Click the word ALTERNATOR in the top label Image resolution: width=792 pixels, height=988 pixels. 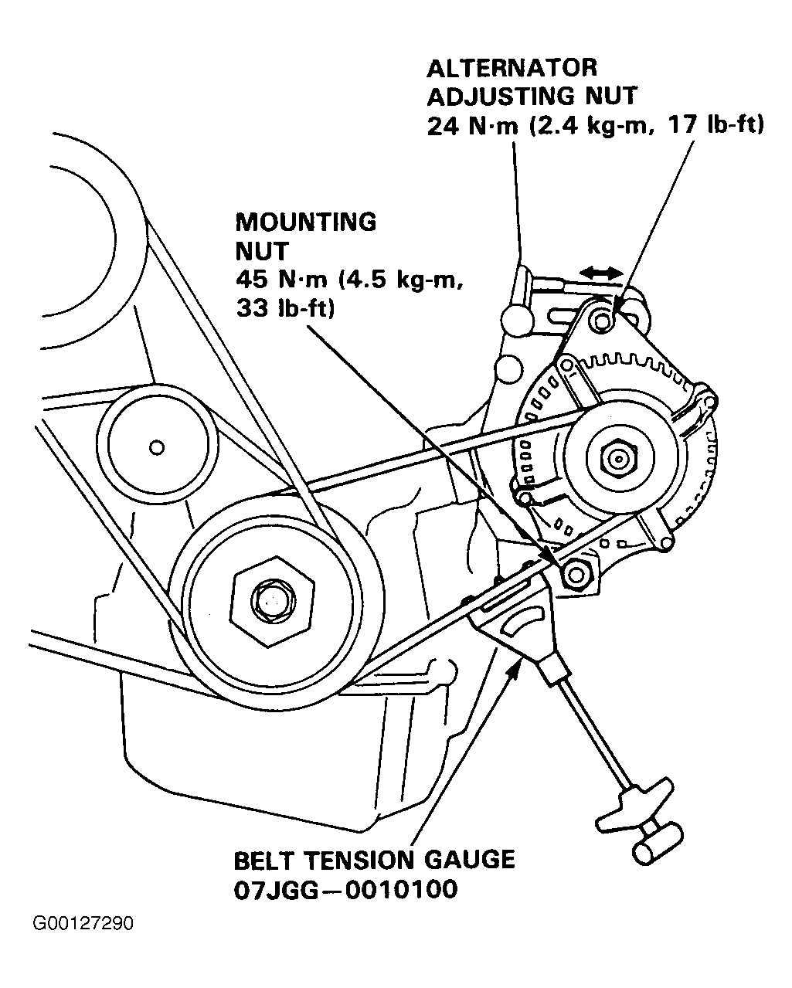[512, 68]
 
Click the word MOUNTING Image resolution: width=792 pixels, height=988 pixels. [305, 222]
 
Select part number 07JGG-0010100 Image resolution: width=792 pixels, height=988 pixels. [345, 889]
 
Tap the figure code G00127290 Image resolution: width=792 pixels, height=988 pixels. [83, 924]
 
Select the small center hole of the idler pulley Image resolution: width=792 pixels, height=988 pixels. [157, 446]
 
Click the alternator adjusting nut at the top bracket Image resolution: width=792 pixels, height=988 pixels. [603, 319]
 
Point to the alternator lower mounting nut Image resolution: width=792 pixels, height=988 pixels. [576, 573]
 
